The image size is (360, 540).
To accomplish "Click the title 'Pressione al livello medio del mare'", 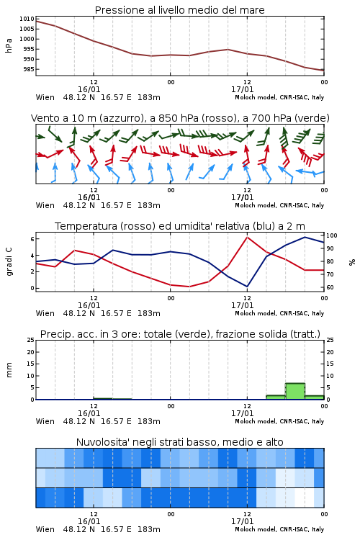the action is click(179, 10).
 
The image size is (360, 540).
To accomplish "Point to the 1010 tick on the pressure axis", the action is click(27, 19).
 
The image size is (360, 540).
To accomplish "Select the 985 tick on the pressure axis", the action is click(29, 69).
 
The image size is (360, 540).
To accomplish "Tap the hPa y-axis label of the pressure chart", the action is click(9, 45).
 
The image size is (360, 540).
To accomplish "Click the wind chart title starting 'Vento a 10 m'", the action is click(180, 118).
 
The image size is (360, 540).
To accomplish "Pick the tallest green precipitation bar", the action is click(295, 391).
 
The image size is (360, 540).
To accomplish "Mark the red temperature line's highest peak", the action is click(247, 237).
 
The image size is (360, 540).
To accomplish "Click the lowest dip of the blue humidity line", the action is click(247, 286).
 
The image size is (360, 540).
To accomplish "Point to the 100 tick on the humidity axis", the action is click(332, 235).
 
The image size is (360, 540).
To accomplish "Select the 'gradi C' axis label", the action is click(9, 262).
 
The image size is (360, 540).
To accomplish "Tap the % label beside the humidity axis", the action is click(352, 262).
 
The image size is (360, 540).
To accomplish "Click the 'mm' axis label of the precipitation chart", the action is click(9, 370).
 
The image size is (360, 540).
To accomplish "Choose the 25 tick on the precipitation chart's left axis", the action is click(31, 340).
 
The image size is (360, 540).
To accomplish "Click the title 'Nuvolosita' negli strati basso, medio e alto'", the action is click(179, 442).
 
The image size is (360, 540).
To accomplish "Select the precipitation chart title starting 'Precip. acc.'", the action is click(180, 334).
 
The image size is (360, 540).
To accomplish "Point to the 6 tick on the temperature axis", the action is click(32, 239).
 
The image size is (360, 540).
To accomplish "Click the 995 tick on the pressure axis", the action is click(29, 49).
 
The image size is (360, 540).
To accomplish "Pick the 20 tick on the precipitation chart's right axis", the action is click(330, 352).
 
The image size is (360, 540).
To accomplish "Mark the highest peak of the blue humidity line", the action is click(305, 237).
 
